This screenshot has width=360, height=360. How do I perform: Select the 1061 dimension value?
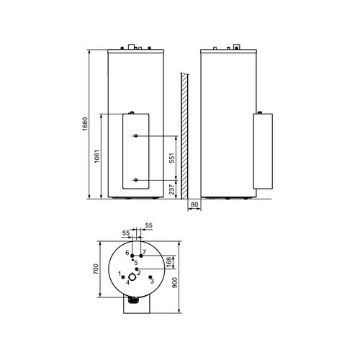pos(96,156)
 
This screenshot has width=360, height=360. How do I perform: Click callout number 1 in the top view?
pos(119,274)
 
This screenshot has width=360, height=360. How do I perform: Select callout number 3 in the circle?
pos(152,282)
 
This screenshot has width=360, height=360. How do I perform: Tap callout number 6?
pos(127,253)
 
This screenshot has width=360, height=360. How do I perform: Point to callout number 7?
pos(144,253)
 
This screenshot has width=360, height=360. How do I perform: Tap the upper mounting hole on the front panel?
pos(135,137)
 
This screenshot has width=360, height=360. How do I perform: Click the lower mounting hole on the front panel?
pos(135,179)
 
